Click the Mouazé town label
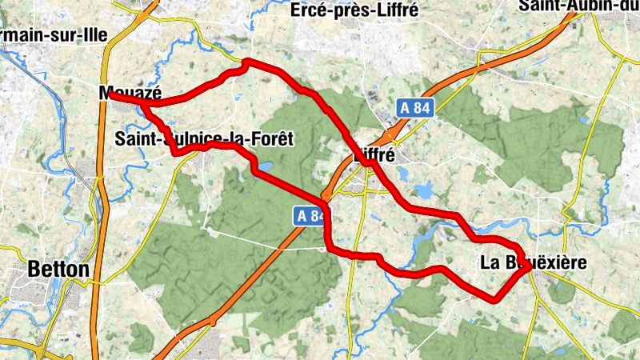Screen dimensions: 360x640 [x=126, y=93]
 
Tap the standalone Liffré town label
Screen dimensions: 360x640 [x=374, y=157]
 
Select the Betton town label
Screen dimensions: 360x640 [x=58, y=270]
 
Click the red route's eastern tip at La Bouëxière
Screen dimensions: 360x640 [x=529, y=270]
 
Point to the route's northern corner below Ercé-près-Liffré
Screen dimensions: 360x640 [x=246, y=62]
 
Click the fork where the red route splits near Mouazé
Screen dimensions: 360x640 [x=145, y=103]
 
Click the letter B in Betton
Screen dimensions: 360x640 [x=34, y=270]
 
